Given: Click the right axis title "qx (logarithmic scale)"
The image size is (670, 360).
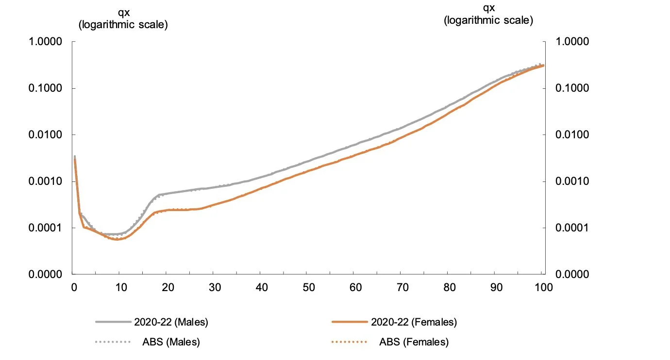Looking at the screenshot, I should [488, 15].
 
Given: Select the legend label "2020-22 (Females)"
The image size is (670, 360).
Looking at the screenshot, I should [414, 322].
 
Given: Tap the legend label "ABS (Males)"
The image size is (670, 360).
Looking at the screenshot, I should [171, 343].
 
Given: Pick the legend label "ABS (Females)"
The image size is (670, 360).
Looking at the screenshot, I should [414, 343].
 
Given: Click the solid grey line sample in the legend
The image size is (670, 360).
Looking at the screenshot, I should [113, 322].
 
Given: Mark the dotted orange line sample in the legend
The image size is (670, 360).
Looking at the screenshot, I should [349, 343].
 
